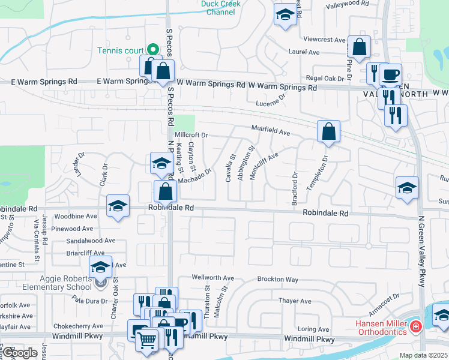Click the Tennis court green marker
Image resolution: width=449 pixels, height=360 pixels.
[153, 50]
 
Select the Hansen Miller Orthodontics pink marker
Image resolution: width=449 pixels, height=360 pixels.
[415, 328]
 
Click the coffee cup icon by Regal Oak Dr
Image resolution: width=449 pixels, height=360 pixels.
[390, 74]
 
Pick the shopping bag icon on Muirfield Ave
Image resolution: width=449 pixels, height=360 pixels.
[328, 132]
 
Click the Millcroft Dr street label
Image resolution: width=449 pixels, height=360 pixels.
[191, 136]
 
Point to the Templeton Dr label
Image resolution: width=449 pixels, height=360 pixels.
[318, 173]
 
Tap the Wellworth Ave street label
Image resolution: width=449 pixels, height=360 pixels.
[212, 278]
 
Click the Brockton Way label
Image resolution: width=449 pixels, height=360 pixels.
[277, 280]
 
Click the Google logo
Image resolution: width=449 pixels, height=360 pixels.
[20, 353]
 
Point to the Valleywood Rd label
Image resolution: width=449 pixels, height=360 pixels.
[347, 4]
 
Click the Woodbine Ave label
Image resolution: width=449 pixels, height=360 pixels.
[75, 216]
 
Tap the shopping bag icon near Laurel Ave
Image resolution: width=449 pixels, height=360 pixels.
[359, 47]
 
